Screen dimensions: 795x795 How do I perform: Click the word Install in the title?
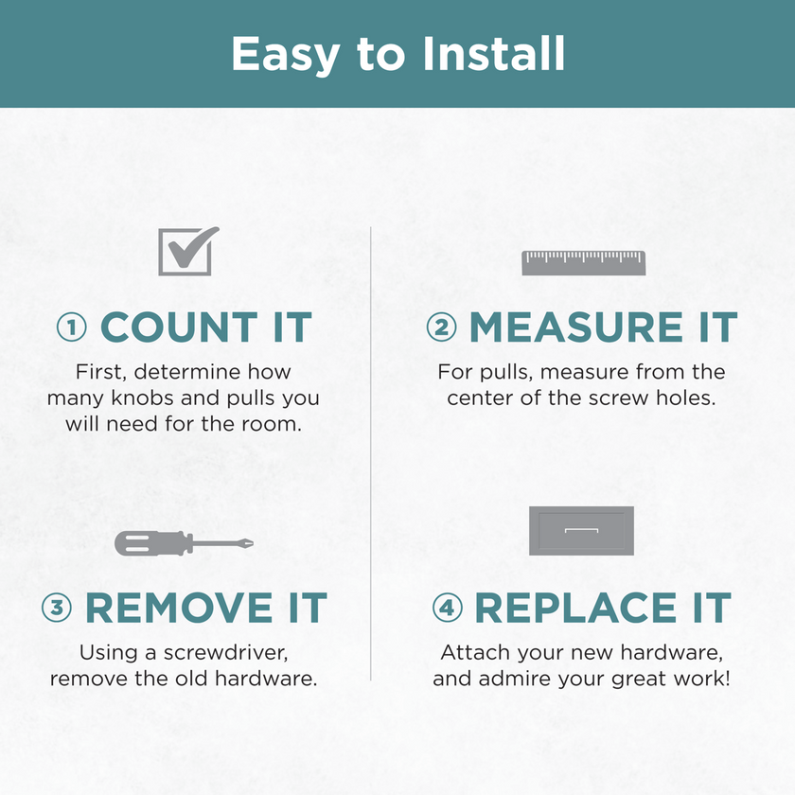(493, 53)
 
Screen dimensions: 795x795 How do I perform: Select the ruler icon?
(584, 263)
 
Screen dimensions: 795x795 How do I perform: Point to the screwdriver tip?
(250, 543)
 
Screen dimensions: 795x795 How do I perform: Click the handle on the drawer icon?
(581, 530)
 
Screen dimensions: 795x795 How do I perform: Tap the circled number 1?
(72, 327)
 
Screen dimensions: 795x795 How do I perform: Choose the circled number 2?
(441, 327)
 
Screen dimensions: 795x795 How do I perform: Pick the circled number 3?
(56, 608)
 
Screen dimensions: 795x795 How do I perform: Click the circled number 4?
(447, 608)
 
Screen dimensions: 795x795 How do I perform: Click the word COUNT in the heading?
(180, 327)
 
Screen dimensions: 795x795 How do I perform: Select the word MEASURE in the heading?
(576, 327)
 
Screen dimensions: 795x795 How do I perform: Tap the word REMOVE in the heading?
(180, 608)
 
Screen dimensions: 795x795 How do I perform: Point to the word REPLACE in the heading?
(575, 608)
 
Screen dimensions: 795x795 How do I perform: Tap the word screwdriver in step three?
(225, 652)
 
